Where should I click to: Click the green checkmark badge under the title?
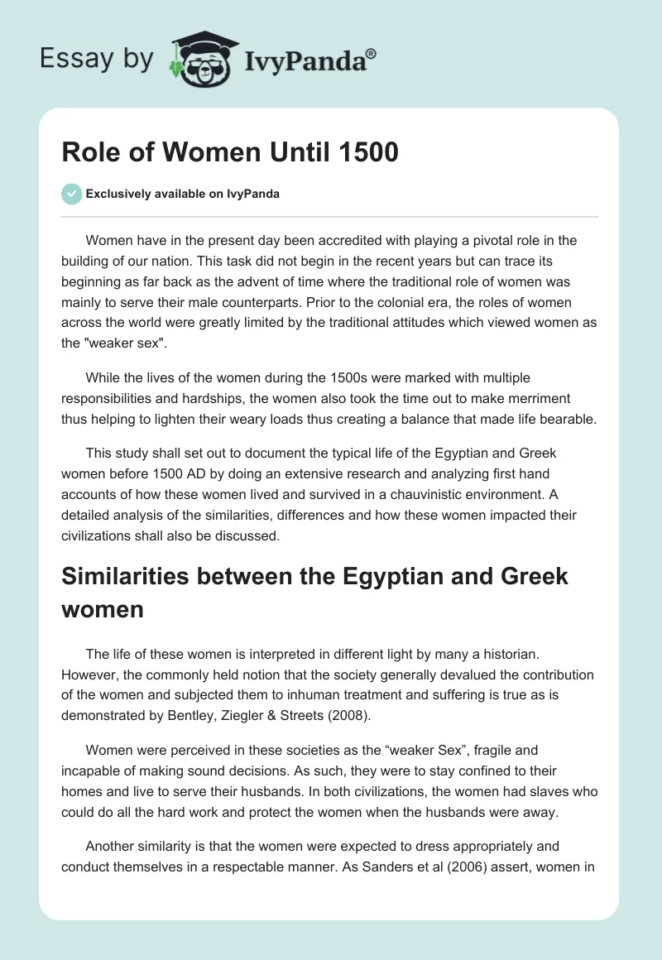pos(71,194)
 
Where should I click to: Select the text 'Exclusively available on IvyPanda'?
pos(182,194)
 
